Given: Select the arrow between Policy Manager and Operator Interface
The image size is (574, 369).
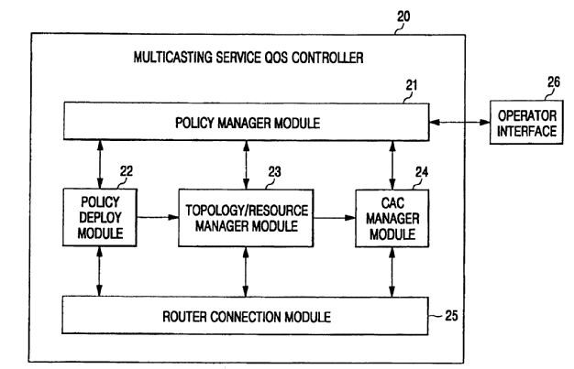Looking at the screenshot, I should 460,121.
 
